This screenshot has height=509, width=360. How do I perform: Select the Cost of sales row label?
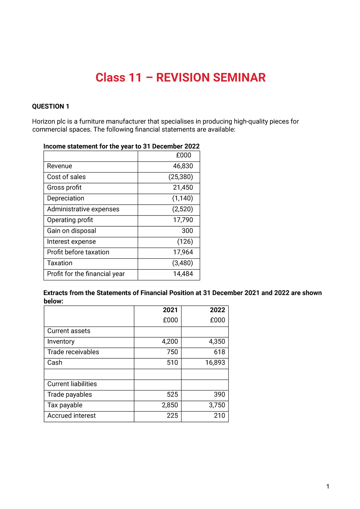click(66, 177)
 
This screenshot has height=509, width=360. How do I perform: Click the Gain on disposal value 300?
click(187, 231)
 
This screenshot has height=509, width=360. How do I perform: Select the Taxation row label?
click(60, 263)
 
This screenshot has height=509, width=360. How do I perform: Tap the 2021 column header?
click(170, 310)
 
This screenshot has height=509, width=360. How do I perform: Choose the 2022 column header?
click(217, 310)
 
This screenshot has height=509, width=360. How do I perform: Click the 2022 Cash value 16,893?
click(215, 363)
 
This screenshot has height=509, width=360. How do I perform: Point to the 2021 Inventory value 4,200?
click(170, 342)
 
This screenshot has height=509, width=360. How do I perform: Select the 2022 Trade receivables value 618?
click(219, 352)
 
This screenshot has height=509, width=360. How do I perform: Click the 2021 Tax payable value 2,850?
click(170, 405)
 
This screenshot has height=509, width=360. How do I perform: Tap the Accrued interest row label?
click(71, 416)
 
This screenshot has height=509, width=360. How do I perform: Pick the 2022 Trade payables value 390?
click(219, 395)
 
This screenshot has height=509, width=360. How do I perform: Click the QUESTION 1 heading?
click(51, 107)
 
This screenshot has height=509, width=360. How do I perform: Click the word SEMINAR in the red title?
click(239, 78)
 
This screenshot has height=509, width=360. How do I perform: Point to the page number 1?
click(328, 486)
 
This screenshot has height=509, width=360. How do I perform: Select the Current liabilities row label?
click(72, 384)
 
